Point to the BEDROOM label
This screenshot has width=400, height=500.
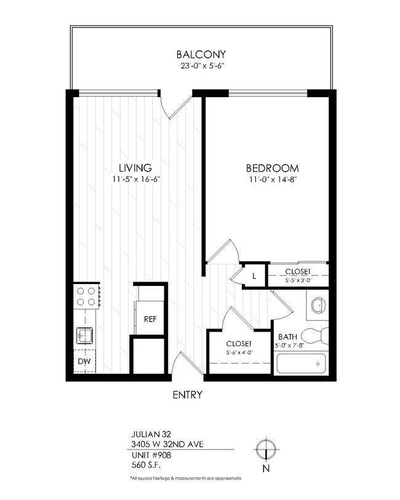pos(273,169)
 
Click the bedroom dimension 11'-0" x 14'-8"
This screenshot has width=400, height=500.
pos(273,180)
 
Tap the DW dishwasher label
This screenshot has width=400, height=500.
pos(84,362)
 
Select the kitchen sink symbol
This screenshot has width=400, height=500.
pos(84,335)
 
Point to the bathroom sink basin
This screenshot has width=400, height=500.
pos(319,304)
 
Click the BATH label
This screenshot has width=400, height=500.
pos(288,337)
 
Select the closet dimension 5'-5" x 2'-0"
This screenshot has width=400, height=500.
pos(298,279)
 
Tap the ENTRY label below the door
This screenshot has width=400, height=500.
pos(188,395)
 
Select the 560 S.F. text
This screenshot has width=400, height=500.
pos(145,466)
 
